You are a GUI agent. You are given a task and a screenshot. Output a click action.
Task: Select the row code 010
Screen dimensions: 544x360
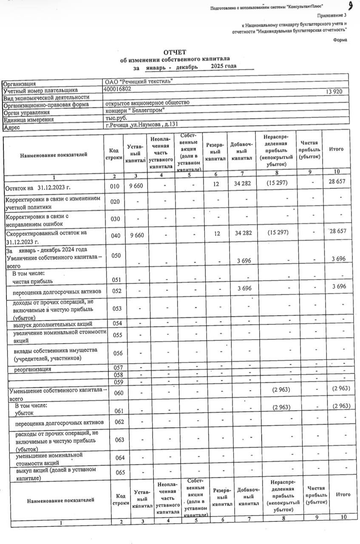coord(113,187)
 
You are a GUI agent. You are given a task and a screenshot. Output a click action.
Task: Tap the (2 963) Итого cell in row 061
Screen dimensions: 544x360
coord(341,406)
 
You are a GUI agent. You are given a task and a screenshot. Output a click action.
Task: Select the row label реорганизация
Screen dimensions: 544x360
coord(33,369)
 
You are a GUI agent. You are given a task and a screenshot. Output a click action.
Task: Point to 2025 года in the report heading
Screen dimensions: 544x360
coord(224,66)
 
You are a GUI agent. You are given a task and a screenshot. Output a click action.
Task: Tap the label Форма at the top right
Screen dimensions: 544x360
coord(340,40)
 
